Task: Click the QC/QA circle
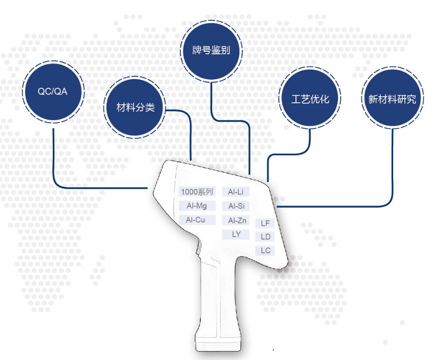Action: (53, 92)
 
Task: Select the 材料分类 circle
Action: (135, 108)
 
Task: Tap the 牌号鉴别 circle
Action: (211, 50)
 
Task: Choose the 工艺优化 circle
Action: (310, 99)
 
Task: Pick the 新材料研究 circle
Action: (392, 98)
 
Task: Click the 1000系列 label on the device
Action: (197, 192)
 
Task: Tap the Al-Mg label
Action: (197, 206)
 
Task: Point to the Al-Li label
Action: (236, 192)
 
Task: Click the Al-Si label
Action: (236, 206)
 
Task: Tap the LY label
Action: (236, 234)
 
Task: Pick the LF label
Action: (265, 223)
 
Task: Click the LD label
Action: (265, 237)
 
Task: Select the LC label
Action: (265, 251)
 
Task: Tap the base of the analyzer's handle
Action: (218, 344)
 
